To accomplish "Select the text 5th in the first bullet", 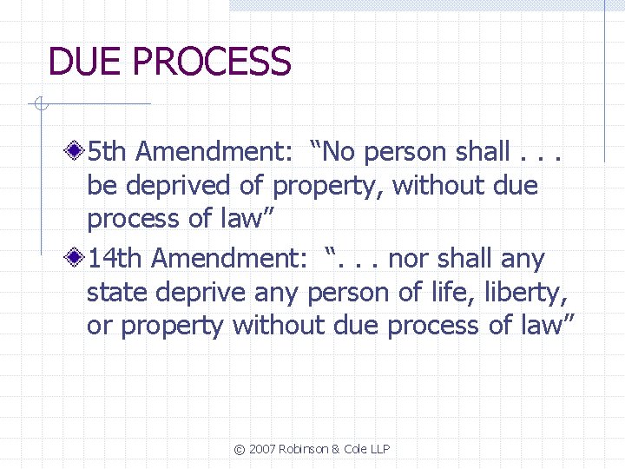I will [109, 152].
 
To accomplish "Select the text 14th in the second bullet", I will [115, 258].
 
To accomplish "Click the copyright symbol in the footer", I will [239, 449].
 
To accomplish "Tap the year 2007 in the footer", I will [262, 449].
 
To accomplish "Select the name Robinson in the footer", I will [305, 449].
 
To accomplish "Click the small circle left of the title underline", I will [39, 105].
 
